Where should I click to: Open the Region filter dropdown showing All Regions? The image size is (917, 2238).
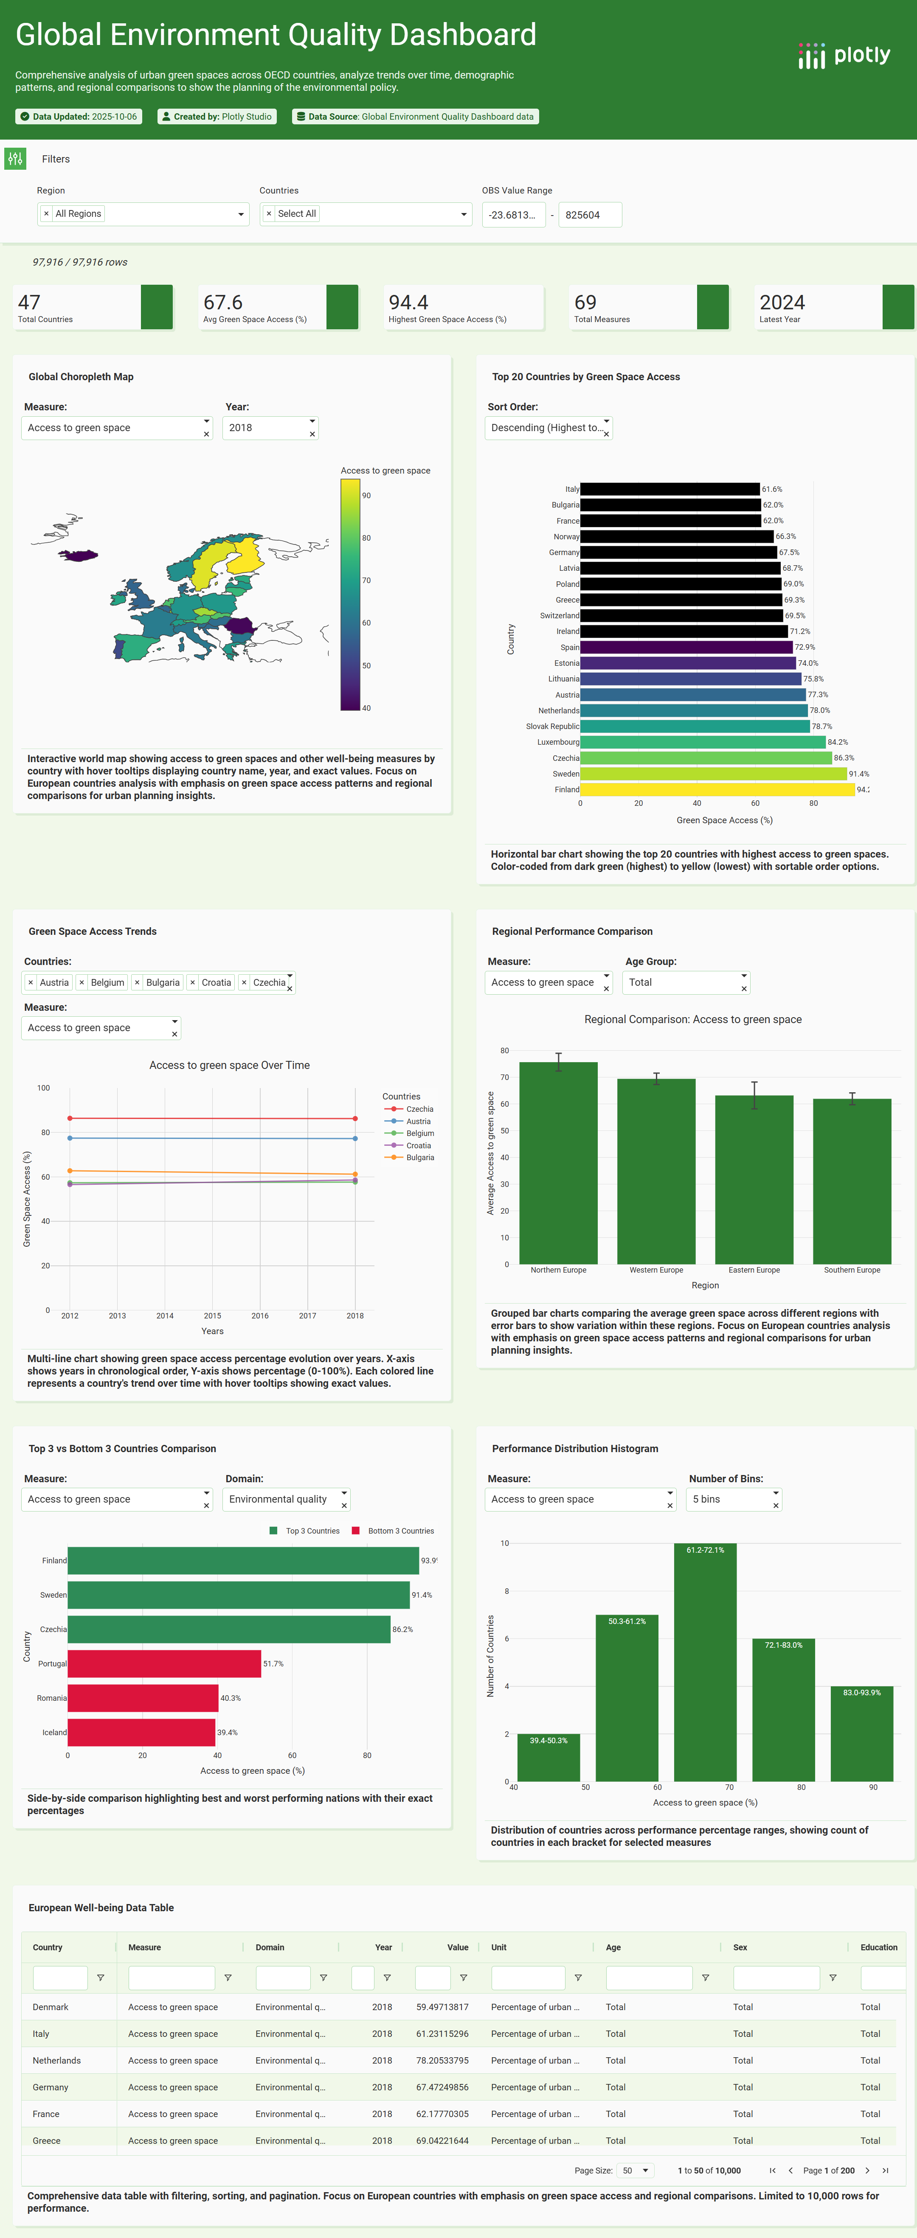pos(143,214)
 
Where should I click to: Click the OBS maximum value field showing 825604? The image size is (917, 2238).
pos(589,215)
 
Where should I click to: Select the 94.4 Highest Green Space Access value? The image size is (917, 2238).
pos(408,302)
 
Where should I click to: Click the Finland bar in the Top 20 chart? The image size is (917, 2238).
pos(717,790)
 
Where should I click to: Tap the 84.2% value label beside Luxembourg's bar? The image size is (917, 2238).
pos(838,742)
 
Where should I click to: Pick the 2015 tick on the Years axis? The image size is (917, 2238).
pos(212,1315)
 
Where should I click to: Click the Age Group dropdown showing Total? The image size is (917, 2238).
pos(686,983)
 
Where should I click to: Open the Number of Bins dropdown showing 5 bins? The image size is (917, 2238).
pos(734,1500)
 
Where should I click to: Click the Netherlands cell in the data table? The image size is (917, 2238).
pos(56,2061)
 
